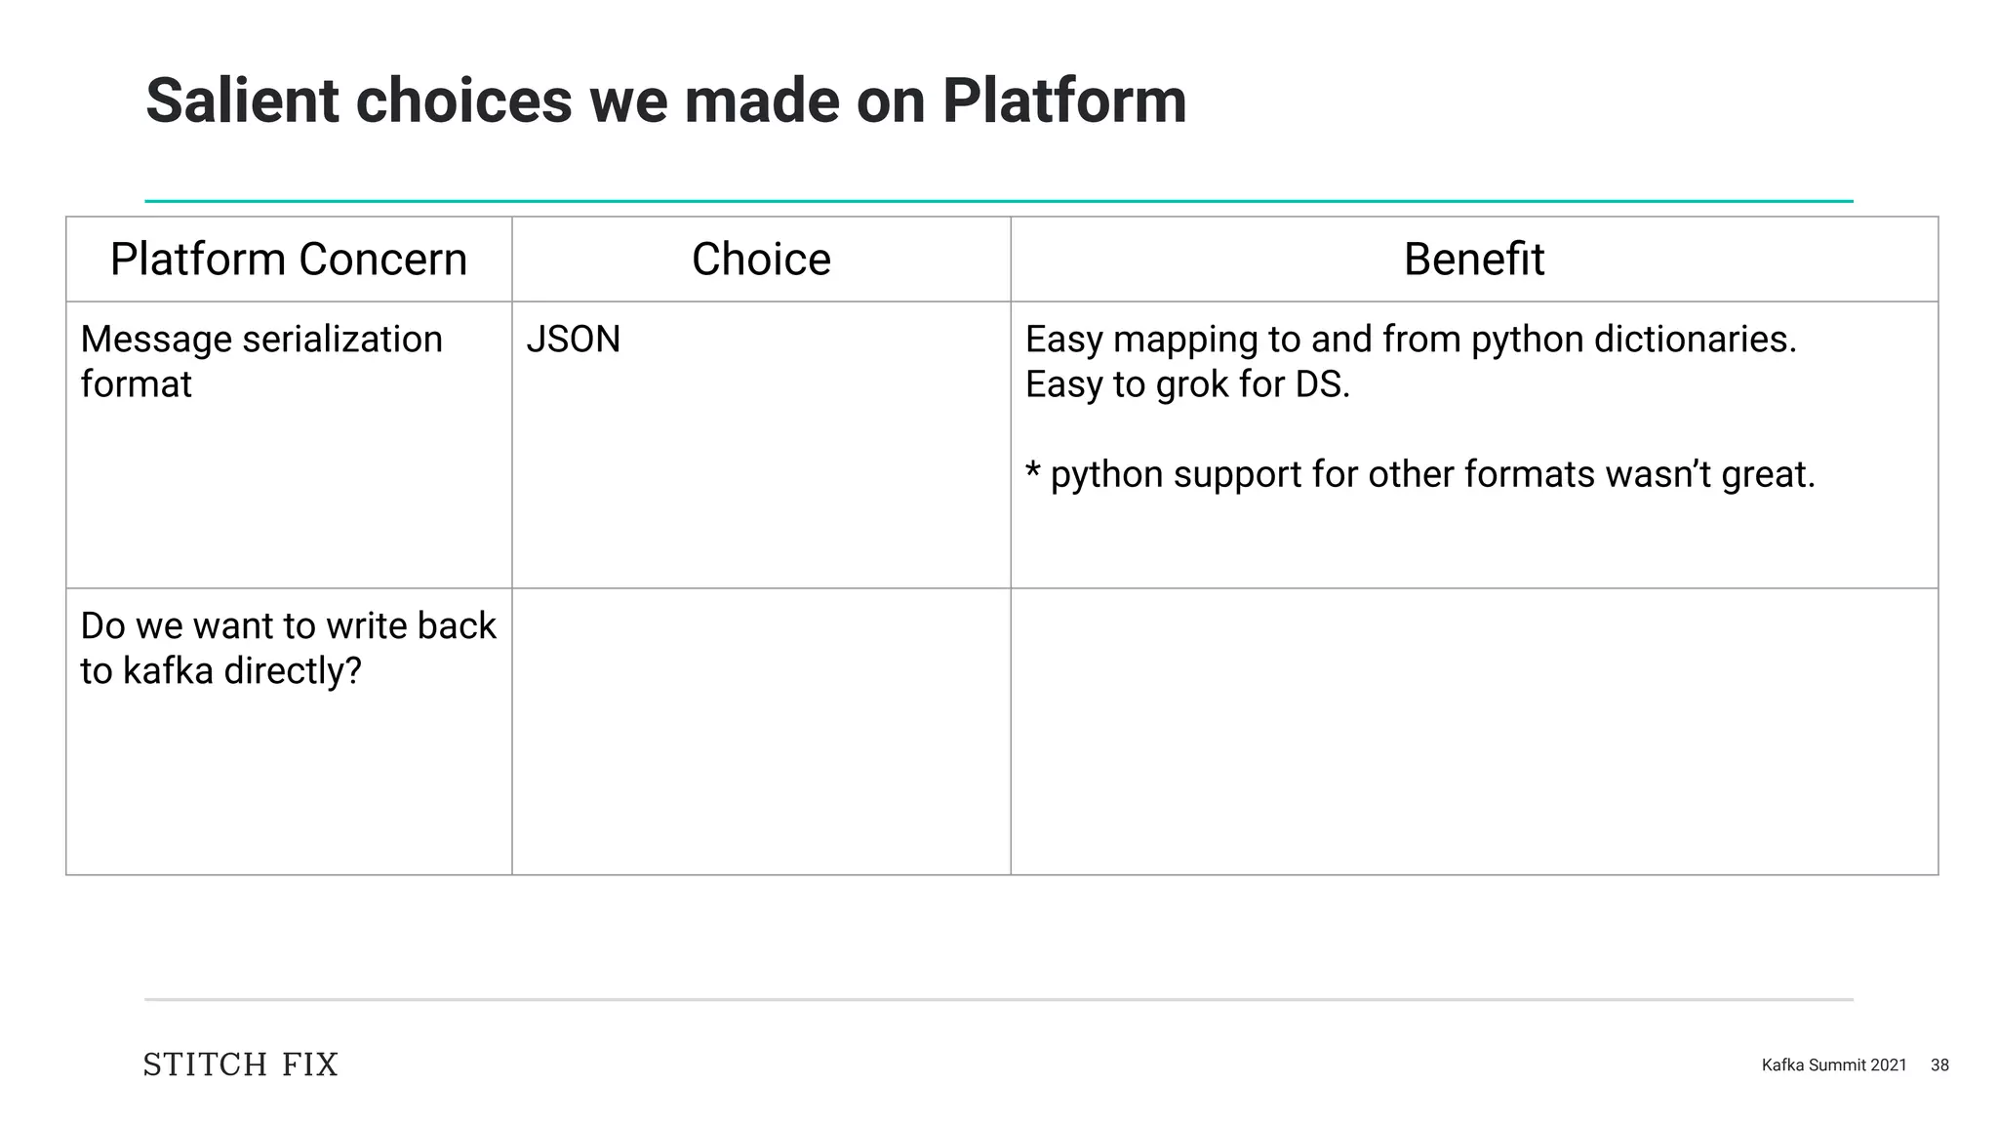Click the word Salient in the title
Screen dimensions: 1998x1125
(x=242, y=100)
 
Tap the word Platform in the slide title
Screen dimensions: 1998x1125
(x=1063, y=100)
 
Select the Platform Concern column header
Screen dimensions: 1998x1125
(x=288, y=260)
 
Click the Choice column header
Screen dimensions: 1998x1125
(x=761, y=260)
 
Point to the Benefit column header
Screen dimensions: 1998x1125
(x=1473, y=260)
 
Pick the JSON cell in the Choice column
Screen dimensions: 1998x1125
(x=573, y=340)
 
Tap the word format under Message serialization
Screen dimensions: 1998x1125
(x=136, y=384)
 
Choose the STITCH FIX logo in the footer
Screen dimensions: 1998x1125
(x=241, y=1065)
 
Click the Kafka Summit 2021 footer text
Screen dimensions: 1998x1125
(x=1833, y=1065)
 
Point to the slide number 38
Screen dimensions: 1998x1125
(x=1939, y=1065)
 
